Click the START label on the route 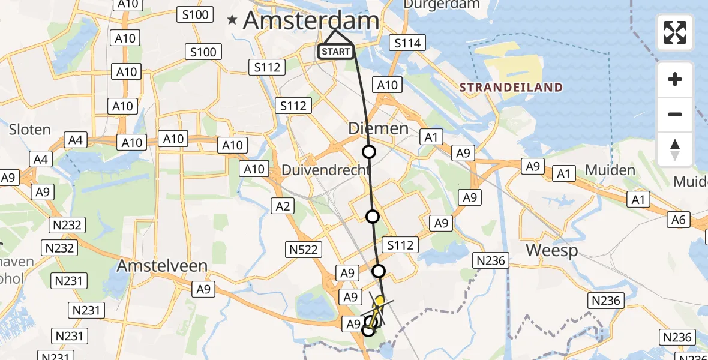(x=335, y=52)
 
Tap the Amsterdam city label (x=311, y=21)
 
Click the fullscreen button (x=675, y=32)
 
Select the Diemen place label (x=370, y=128)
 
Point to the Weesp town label (x=552, y=250)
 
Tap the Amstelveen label (x=163, y=265)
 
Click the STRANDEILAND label (x=511, y=88)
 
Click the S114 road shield (x=407, y=43)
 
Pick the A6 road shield (x=679, y=220)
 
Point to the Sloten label (x=29, y=129)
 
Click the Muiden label (x=610, y=170)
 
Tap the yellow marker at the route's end (x=379, y=301)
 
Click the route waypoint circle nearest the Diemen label (x=369, y=152)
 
